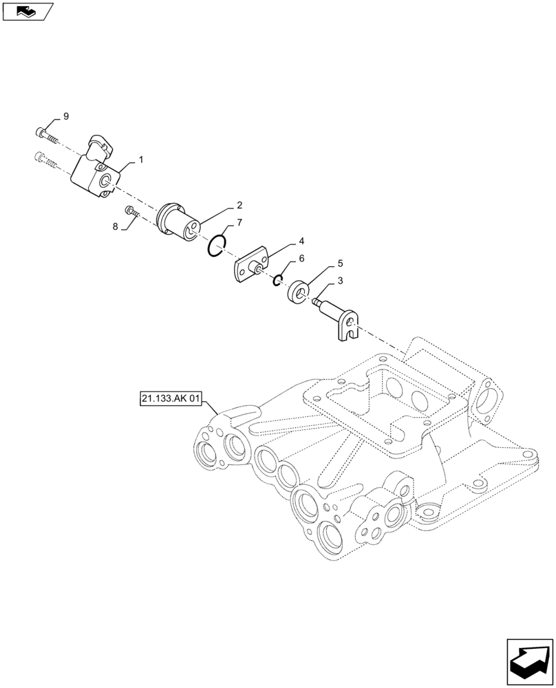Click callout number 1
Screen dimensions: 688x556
(140, 160)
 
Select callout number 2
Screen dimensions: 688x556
(239, 205)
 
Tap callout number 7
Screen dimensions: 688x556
(239, 223)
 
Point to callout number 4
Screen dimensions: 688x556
(301, 241)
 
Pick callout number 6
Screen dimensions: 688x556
(301, 259)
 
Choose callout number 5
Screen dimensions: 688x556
(340, 264)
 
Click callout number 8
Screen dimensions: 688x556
(116, 226)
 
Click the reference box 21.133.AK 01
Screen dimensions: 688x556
(169, 399)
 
